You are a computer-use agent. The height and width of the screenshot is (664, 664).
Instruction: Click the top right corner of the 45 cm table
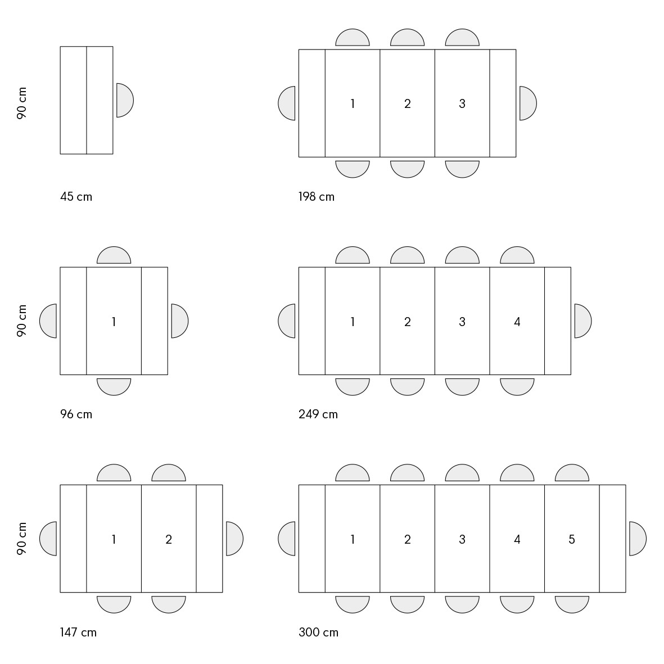(113, 47)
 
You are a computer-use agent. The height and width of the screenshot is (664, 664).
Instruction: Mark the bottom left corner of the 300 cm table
(299, 592)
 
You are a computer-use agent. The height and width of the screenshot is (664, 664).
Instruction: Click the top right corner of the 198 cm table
(516, 49)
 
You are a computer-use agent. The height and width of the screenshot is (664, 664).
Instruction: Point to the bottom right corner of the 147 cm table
(222, 592)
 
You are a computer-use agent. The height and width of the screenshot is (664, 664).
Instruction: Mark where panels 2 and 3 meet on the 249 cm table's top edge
(435, 267)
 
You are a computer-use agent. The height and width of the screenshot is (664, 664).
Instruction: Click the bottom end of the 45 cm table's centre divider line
(87, 153)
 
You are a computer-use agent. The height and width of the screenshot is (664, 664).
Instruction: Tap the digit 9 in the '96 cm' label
(64, 414)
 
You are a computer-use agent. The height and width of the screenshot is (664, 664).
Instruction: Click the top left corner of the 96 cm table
(60, 267)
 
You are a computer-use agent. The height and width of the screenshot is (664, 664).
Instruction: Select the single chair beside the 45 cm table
(125, 101)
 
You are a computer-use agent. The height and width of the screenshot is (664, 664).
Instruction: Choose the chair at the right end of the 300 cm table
(638, 539)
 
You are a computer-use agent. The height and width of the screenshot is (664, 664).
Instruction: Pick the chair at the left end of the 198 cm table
(287, 103)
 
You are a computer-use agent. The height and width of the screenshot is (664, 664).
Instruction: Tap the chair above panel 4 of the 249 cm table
(517, 255)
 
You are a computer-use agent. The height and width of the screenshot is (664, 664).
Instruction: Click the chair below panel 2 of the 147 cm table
(169, 604)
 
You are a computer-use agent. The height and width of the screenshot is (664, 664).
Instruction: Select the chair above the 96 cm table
(114, 255)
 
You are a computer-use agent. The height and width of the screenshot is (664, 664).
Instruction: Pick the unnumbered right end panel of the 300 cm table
(613, 539)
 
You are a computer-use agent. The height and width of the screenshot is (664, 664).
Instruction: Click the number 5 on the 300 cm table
(572, 539)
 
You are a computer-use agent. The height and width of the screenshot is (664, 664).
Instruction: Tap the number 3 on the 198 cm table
(462, 104)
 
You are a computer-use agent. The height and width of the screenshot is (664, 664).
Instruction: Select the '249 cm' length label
(318, 414)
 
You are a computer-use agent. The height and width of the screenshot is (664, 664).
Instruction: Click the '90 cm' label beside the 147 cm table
(21, 538)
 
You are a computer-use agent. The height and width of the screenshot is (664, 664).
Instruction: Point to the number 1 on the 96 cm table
(114, 322)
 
